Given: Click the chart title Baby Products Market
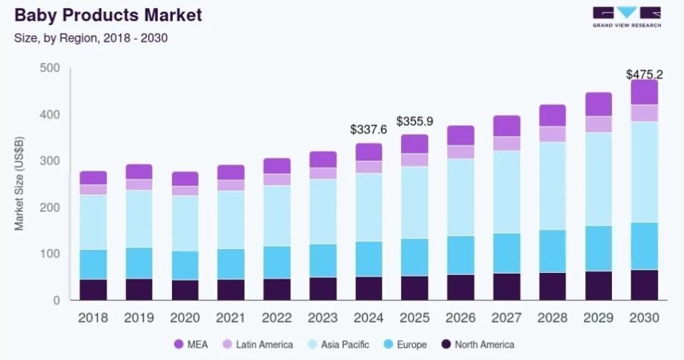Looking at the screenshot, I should [109, 14].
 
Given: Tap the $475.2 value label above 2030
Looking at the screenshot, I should [644, 74].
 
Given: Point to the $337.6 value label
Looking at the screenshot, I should [369, 130].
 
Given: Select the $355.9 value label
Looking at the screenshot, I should [415, 121].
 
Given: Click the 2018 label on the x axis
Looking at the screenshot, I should [93, 317].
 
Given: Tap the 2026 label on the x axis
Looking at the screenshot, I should [461, 317].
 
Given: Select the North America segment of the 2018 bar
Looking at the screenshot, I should [93, 289].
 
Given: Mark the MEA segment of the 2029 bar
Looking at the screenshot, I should [598, 104].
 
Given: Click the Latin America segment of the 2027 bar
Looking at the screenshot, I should [507, 143].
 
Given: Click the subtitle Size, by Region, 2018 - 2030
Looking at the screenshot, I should [91, 37].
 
